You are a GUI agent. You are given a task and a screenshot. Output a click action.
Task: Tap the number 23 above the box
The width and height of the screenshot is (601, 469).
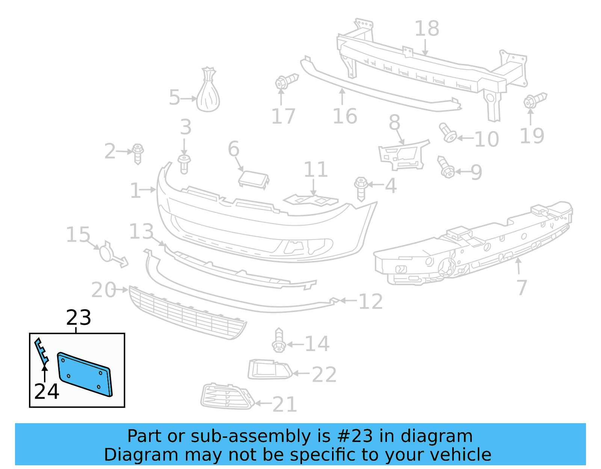click(79, 318)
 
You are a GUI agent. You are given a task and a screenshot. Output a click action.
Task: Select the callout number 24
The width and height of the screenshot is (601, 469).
click(47, 392)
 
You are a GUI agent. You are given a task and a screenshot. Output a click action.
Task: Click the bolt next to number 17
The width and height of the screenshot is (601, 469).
click(285, 81)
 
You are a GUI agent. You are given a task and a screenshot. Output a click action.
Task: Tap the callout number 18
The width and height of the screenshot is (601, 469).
click(427, 29)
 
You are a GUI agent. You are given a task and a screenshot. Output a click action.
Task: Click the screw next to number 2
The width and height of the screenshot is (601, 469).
click(138, 153)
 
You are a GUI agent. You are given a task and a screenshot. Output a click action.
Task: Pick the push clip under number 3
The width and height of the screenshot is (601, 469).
click(184, 164)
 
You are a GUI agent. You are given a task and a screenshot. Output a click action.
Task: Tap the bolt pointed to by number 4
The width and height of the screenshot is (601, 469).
click(361, 189)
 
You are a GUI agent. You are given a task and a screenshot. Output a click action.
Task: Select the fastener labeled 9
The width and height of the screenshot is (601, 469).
click(446, 167)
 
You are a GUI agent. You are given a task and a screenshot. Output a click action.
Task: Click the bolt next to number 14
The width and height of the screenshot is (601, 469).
click(278, 341)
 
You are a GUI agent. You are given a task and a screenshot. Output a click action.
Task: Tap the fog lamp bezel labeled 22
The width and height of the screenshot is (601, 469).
click(269, 369)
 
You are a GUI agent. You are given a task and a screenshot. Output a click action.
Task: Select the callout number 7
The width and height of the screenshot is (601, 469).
click(522, 288)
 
